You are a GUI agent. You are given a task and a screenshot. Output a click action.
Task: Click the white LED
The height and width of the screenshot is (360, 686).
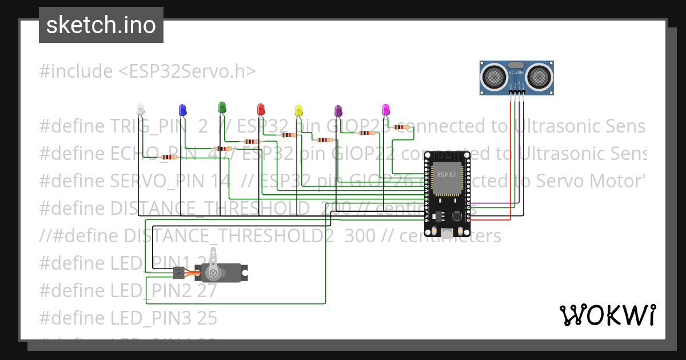click(x=141, y=109)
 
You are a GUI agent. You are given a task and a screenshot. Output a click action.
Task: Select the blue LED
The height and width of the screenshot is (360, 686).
click(x=182, y=110)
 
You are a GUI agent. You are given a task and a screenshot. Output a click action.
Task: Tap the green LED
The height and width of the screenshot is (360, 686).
click(x=222, y=107)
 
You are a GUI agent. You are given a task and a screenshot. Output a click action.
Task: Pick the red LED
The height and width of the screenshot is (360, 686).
click(x=261, y=109)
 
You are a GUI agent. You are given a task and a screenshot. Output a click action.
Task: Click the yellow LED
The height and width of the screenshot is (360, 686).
click(x=298, y=110)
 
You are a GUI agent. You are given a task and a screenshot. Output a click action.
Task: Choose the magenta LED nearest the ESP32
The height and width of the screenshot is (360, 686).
click(x=385, y=109)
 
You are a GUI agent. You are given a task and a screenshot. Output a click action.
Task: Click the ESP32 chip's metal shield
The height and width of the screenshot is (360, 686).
click(x=446, y=177)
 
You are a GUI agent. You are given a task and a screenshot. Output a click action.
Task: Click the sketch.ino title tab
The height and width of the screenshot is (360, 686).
click(x=101, y=25)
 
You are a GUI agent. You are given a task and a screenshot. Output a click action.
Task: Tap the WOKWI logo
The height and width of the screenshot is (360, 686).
click(x=607, y=315)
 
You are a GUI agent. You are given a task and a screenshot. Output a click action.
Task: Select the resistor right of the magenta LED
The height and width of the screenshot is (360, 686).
click(x=402, y=127)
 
